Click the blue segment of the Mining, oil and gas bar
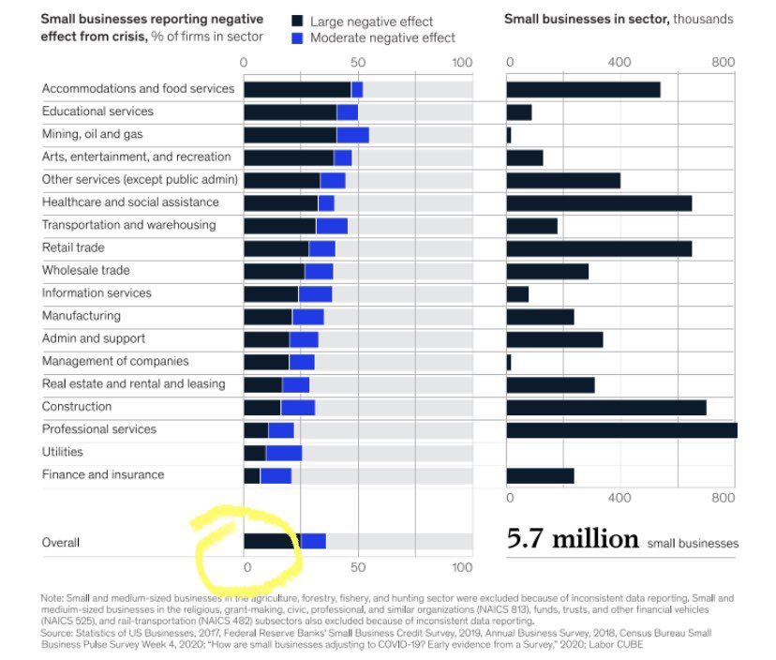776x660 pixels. tap(352, 134)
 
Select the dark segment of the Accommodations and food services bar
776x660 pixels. tap(297, 89)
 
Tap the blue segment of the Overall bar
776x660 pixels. tap(313, 541)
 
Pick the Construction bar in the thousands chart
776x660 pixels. tap(606, 407)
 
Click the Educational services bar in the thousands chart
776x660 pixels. tap(519, 112)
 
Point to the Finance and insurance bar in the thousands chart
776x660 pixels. tap(540, 475)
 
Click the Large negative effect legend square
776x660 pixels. tap(297, 20)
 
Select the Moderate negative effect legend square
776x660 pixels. tap(297, 37)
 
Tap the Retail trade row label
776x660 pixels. tap(73, 247)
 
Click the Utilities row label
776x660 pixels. tap(63, 452)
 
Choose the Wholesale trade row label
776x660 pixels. tap(85, 270)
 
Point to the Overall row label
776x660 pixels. tap(61, 543)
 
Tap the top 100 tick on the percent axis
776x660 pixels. tap(462, 63)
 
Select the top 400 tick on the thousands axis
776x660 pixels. tap(619, 63)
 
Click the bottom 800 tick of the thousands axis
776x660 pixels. tap(723, 498)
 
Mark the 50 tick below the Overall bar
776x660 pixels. tap(358, 567)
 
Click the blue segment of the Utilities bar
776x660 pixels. tap(284, 453)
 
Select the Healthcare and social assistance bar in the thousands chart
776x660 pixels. tap(599, 202)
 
